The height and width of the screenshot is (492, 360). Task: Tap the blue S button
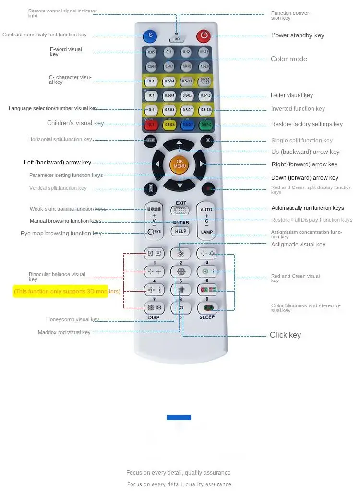tap(150, 35)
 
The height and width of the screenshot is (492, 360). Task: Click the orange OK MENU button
tap(179, 164)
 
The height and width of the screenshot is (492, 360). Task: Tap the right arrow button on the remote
tap(202, 164)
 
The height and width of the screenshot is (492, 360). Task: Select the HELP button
tap(180, 231)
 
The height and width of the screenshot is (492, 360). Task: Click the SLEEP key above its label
tap(207, 308)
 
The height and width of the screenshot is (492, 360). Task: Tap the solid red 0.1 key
tap(152, 125)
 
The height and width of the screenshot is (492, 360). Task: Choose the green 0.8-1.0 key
tap(205, 125)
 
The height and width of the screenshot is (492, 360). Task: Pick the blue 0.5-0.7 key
tap(188, 125)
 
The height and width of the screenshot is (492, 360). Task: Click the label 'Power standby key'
tap(298, 35)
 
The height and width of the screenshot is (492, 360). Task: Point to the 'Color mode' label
tap(288, 59)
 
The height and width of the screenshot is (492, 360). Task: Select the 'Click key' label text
tap(285, 335)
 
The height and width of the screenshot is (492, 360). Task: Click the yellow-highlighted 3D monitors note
tap(67, 291)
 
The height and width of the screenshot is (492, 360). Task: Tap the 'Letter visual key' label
tap(291, 95)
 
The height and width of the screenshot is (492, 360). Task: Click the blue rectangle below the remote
tap(179, 417)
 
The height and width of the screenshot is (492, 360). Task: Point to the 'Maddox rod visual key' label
tap(64, 332)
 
